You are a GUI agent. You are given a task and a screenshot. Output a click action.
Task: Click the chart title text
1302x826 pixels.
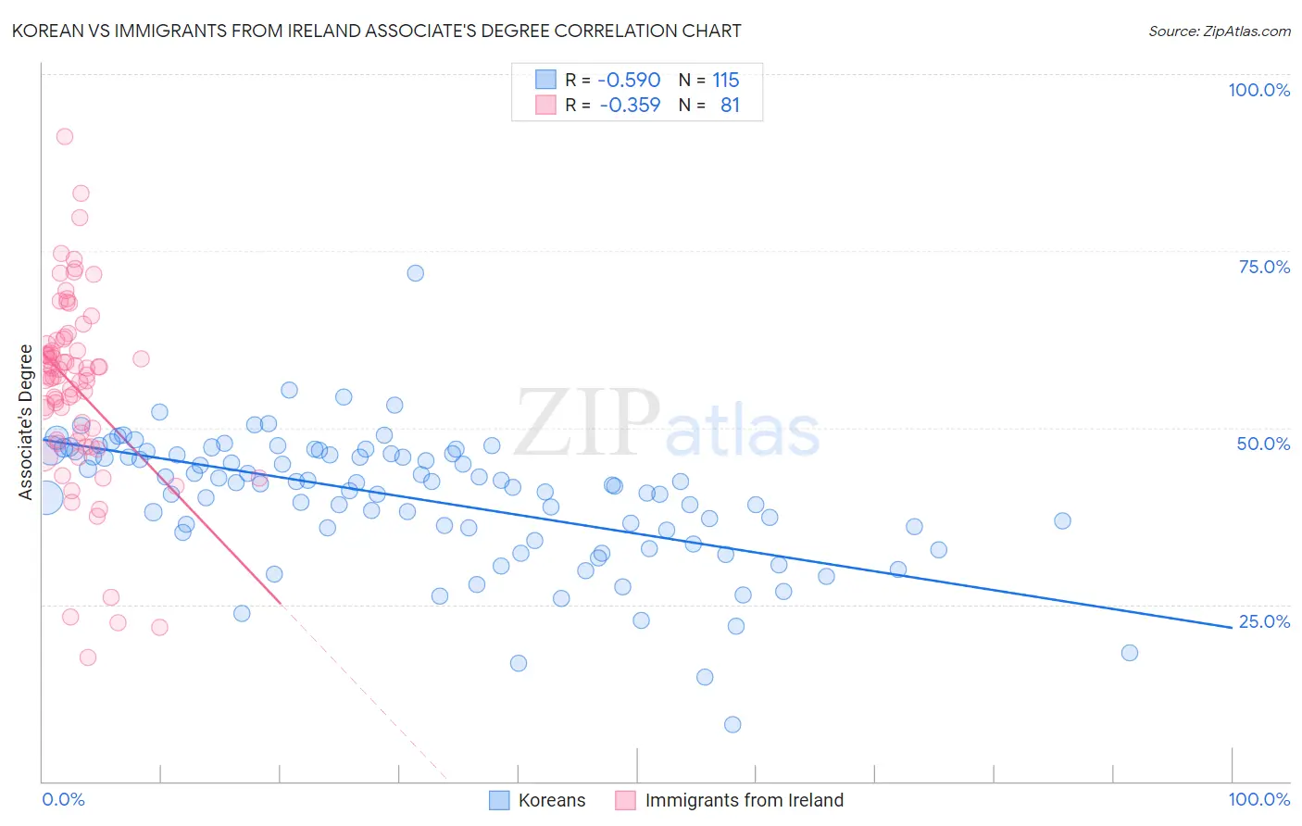click(x=376, y=31)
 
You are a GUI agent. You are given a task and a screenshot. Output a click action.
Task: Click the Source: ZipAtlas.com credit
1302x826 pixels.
click(x=1219, y=31)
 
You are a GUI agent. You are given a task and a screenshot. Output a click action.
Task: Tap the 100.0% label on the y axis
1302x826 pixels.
click(x=1258, y=90)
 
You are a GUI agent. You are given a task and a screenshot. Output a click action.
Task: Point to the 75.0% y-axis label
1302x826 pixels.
click(x=1264, y=267)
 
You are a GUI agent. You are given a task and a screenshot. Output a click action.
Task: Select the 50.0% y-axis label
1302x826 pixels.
click(x=1263, y=444)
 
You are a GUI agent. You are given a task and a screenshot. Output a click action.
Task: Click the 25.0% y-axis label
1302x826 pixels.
click(x=1264, y=621)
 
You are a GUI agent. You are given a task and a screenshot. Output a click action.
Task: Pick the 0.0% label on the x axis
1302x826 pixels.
click(x=63, y=799)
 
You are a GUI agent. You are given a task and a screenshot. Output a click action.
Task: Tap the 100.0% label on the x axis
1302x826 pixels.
click(x=1258, y=799)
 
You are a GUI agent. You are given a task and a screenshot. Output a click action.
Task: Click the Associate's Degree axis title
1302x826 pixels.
click(x=26, y=422)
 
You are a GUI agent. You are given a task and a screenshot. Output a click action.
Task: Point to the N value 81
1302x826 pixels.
click(x=730, y=106)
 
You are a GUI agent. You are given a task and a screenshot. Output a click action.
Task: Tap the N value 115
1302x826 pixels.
click(x=725, y=81)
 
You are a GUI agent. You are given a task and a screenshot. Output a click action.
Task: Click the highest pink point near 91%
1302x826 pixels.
click(x=65, y=136)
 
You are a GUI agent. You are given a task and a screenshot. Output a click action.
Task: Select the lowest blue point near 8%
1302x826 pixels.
click(x=732, y=724)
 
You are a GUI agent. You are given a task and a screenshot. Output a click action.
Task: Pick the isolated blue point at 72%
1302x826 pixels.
click(x=416, y=273)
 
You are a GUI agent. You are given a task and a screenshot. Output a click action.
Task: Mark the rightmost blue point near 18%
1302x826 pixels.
click(x=1129, y=653)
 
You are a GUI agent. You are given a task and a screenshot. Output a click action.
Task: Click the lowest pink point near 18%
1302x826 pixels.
click(x=88, y=657)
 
